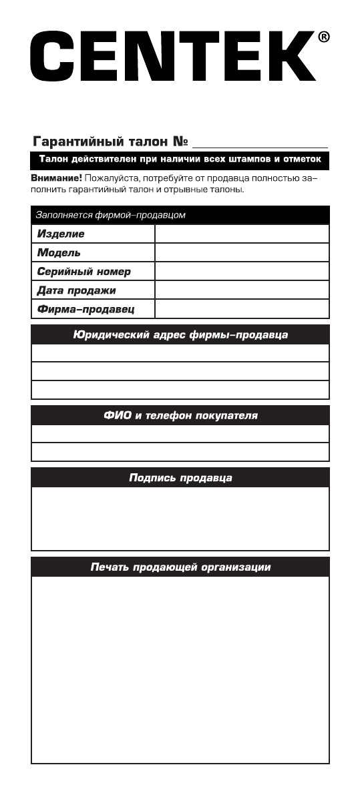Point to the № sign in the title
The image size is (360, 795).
tap(179, 142)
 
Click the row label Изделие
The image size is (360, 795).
tap(61, 234)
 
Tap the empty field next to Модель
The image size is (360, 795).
tap(242, 253)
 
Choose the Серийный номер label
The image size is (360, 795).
tap(84, 272)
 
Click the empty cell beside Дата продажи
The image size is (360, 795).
tap(242, 290)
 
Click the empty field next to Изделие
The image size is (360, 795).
tap(242, 234)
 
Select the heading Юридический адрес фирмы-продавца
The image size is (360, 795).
tap(180, 334)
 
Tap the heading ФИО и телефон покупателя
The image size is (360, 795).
tap(180, 416)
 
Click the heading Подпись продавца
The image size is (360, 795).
tap(180, 478)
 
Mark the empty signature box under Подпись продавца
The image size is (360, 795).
tap(180, 518)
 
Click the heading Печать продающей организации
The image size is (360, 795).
tap(180, 567)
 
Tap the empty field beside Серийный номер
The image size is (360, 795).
tap(242, 272)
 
